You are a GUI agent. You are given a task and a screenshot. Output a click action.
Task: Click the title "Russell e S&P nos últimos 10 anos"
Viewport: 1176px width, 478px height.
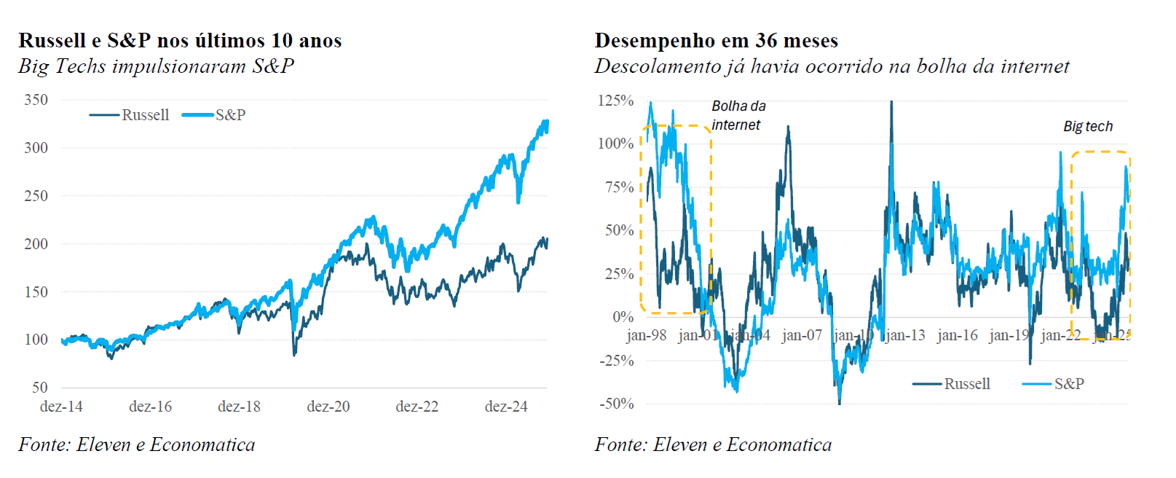coord(180,40)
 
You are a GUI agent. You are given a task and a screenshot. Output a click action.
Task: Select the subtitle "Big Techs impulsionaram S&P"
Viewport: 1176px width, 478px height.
coord(156,66)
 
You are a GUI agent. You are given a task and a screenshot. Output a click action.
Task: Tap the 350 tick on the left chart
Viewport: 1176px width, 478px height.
coord(36,100)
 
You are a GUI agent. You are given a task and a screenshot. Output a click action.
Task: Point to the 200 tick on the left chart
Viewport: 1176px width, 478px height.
coord(36,243)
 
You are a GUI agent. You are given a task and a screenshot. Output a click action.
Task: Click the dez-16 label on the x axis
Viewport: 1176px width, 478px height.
coord(150,407)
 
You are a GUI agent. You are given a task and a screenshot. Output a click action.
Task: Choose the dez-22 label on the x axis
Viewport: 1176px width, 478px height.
coord(417,407)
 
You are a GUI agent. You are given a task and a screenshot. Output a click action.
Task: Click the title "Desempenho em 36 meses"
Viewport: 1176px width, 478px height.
coord(716,40)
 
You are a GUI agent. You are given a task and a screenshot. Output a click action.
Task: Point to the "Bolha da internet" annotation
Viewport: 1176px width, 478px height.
coord(738,115)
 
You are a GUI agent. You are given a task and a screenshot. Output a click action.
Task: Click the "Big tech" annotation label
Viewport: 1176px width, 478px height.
coord(1088,126)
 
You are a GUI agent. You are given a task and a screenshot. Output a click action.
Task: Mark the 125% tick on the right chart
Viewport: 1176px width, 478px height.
coord(615,101)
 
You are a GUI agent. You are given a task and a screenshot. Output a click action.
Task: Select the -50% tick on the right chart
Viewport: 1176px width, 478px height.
coord(616,404)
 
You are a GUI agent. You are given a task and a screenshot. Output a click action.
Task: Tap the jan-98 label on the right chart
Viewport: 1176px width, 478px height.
coord(646,335)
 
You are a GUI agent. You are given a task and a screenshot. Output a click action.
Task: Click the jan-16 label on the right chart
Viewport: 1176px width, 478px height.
coord(957,335)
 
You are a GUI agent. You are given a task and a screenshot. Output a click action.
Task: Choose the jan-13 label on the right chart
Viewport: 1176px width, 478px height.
coord(905,335)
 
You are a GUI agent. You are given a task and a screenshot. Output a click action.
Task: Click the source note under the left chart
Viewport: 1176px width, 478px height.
coord(137,444)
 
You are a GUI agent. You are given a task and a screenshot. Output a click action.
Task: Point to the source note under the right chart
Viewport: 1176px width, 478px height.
coord(713,444)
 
